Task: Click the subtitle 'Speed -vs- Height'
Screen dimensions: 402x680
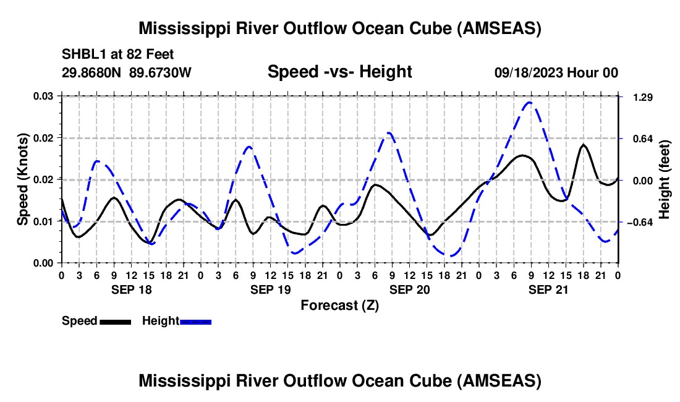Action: coord(339,72)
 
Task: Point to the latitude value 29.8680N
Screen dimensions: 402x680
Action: coord(92,73)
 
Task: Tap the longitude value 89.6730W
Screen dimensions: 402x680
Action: coord(160,73)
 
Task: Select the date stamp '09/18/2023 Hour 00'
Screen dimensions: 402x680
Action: coord(556,73)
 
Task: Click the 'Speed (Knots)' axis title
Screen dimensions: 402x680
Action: coord(22,179)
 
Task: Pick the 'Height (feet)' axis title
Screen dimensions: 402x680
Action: coord(665,179)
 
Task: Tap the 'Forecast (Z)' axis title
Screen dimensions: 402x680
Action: coord(339,305)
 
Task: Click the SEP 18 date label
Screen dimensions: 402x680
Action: coord(130,289)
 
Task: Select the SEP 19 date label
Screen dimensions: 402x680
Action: coord(270,289)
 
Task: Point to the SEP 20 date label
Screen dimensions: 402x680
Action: coord(409,289)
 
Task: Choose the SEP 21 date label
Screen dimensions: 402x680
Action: coord(548,289)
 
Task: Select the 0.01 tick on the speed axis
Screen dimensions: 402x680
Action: coord(43,221)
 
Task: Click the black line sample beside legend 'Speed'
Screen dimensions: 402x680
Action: coord(115,321)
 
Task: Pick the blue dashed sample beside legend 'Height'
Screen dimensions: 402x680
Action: coord(196,321)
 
